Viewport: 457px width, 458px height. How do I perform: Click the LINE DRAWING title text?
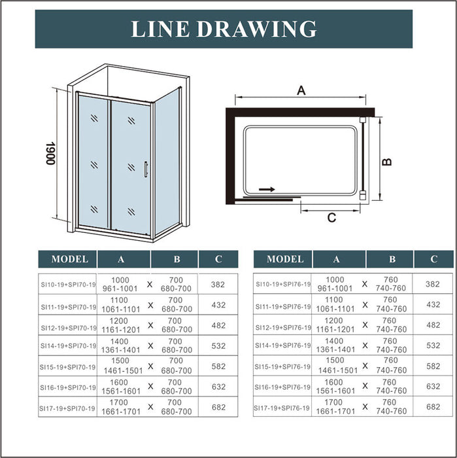click(224, 29)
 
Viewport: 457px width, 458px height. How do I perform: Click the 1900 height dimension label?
click(50, 154)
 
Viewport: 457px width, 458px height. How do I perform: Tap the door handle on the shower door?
click(146, 169)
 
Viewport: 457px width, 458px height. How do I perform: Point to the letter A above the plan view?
click(301, 91)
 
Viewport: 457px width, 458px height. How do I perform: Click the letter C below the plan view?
click(331, 217)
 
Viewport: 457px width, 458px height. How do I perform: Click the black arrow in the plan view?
click(267, 189)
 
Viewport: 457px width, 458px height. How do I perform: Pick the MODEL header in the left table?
click(69, 259)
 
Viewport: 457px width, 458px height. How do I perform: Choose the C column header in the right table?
click(434, 259)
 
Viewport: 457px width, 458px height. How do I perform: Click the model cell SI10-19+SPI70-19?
click(68, 285)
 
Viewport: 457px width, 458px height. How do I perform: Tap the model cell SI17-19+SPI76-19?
click(283, 407)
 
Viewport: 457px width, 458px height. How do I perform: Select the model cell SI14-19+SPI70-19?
click(68, 345)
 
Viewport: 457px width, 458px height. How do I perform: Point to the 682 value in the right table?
click(433, 407)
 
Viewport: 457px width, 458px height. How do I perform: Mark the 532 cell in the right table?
click(433, 345)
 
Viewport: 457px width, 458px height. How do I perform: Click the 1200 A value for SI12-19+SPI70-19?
click(121, 321)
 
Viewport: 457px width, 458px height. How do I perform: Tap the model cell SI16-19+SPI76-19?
click(283, 387)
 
